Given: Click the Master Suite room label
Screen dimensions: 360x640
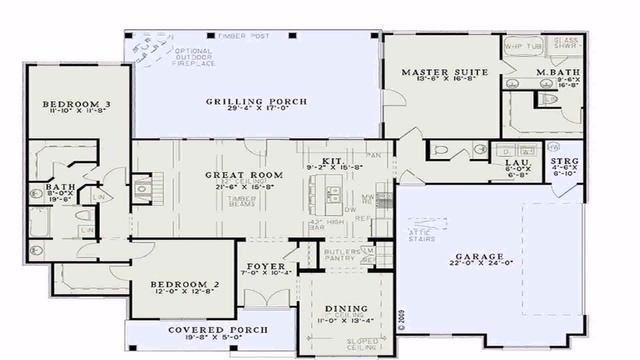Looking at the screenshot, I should (438, 74).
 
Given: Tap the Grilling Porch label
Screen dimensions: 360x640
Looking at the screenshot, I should (256, 102).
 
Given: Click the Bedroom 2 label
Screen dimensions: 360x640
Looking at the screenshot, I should (183, 285).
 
